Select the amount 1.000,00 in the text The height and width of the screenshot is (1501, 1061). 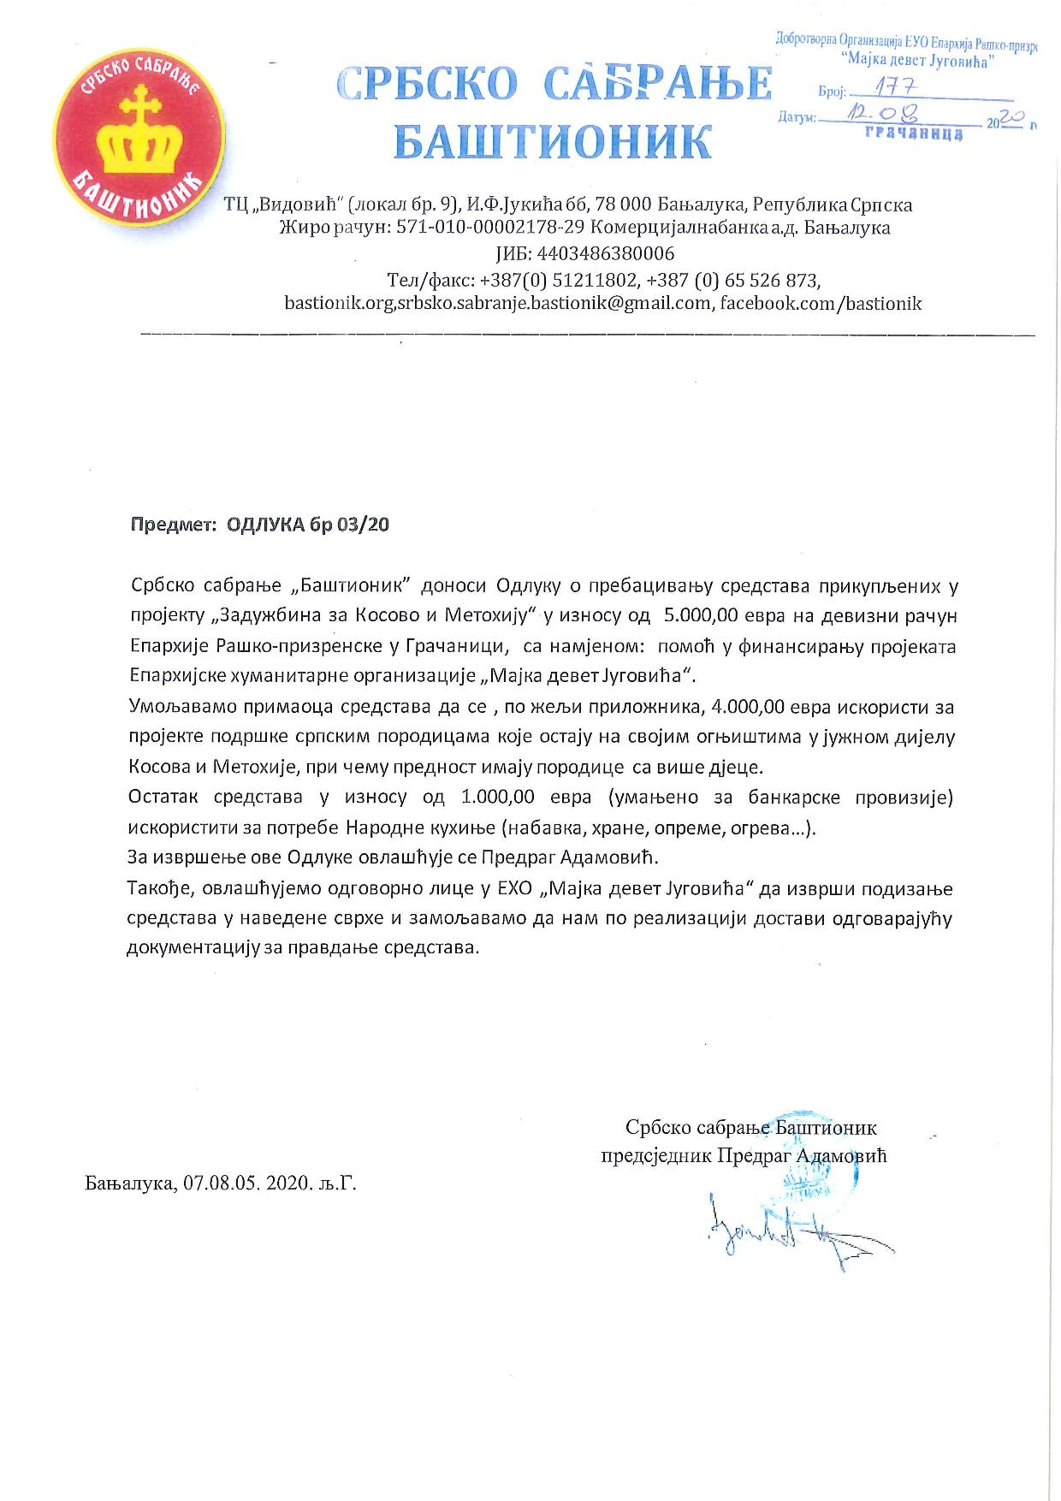(x=497, y=798)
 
